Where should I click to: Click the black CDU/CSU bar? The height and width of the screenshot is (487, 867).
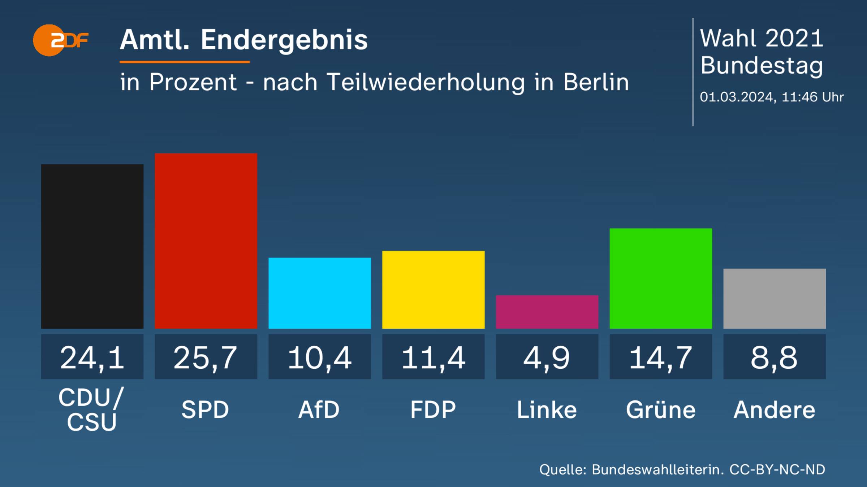pos(92,246)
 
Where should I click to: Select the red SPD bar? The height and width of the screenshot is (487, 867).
pos(206,241)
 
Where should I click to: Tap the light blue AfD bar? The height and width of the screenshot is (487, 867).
pos(320,293)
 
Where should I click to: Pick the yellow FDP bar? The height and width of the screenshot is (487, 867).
pos(433,289)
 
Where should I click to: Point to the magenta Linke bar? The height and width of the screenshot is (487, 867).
pos(547,312)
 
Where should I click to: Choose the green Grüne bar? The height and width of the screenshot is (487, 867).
pos(661,278)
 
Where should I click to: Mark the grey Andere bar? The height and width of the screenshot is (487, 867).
pos(774,298)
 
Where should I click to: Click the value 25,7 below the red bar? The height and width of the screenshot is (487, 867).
pos(206,357)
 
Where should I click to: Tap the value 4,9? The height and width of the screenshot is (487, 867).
pos(547,357)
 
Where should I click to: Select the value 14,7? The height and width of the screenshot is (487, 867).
pos(661,357)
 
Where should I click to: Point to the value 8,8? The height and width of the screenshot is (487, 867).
pos(774,357)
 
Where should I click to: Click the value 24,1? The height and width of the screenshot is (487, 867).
pos(92,357)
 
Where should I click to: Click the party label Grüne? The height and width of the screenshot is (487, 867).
pos(661,410)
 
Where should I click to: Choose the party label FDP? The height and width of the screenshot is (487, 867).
pos(433,410)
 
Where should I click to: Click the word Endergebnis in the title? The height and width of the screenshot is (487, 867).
pos(284,40)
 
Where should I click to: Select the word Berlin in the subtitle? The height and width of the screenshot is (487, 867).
pos(596,82)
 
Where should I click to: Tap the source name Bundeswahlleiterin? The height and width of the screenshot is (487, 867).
pos(657,470)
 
